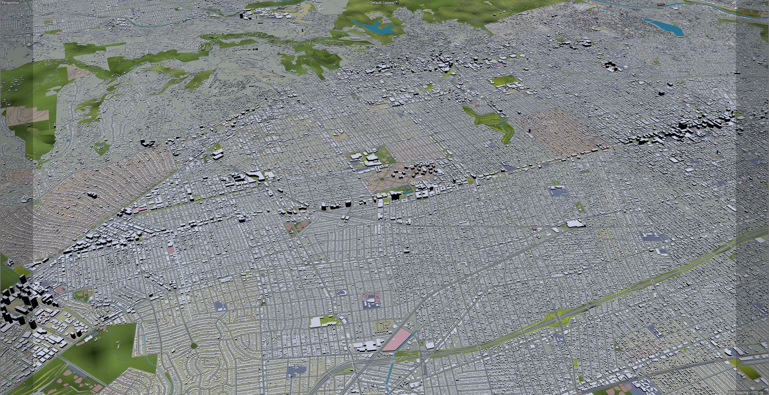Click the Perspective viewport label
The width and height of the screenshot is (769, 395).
click(x=10, y=2)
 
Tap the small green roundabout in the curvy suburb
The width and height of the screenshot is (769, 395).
click(x=194, y=346)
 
